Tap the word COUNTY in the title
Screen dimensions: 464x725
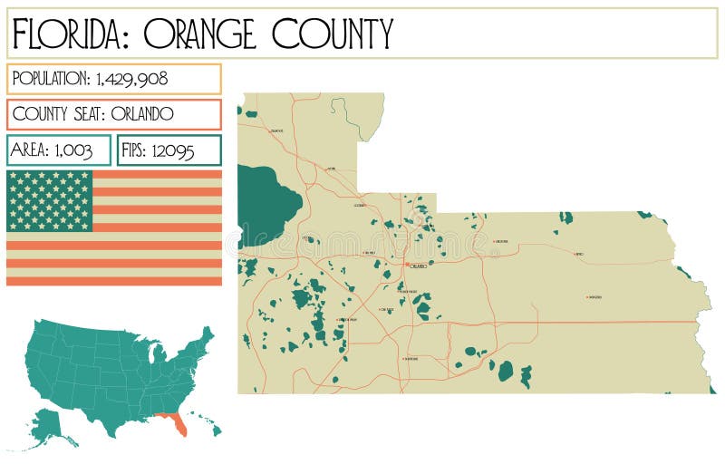click(333, 34)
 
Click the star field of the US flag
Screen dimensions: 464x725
click(50, 200)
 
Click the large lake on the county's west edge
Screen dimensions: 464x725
click(265, 201)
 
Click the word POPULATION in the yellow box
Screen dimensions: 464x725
click(51, 79)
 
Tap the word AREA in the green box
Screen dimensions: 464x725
click(28, 150)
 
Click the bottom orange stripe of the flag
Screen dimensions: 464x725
click(114, 281)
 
